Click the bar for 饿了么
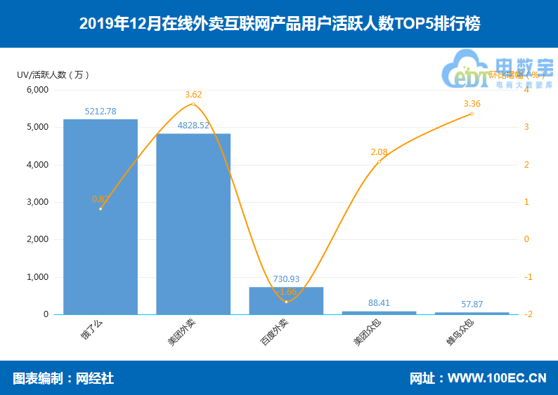100,217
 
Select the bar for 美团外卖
193,224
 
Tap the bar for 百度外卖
286,300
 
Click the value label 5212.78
100,111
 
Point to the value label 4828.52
193,126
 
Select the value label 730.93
286,279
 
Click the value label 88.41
379,303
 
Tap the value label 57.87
472,304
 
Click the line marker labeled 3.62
193,105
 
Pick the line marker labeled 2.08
379,162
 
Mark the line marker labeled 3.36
472,114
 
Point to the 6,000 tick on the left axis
37,90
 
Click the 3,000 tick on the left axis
37,202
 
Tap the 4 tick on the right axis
526,90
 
